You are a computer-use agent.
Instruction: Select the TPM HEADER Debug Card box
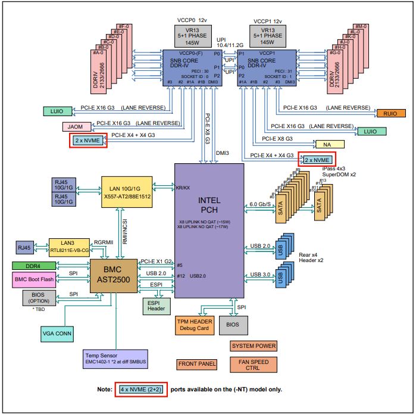pyautogui.click(x=194, y=324)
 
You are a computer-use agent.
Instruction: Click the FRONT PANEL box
pyautogui.click(x=197, y=364)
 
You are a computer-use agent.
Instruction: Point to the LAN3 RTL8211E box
pyautogui.click(x=70, y=246)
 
